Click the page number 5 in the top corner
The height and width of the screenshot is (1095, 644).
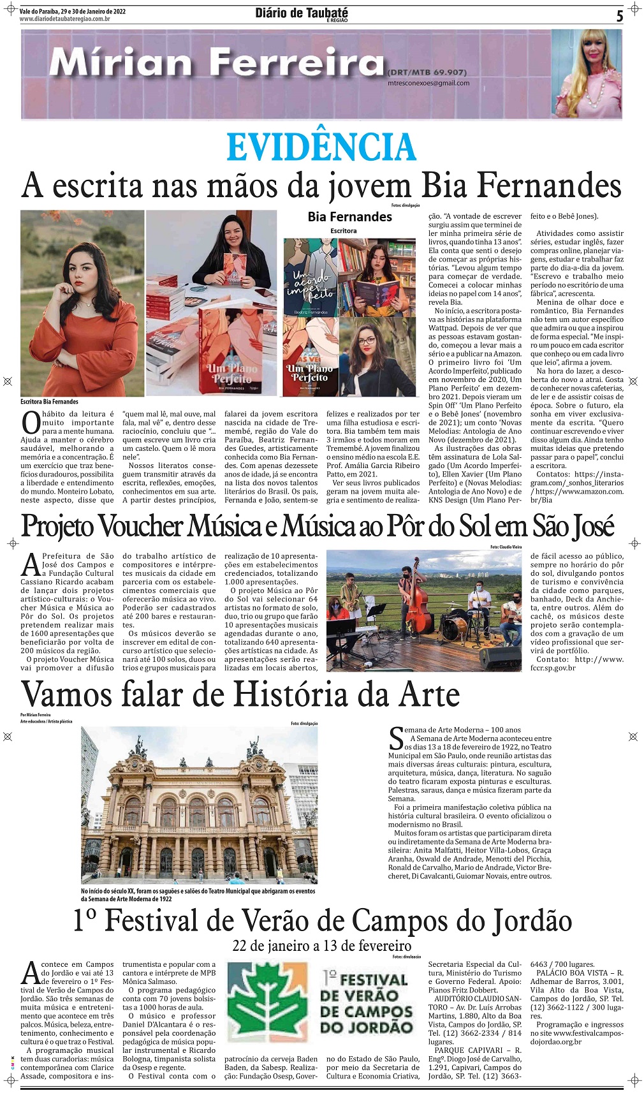click(619, 17)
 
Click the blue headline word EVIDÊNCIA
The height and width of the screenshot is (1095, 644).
click(321, 147)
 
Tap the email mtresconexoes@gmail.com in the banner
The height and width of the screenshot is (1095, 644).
click(428, 83)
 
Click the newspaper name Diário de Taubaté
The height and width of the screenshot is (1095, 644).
click(302, 13)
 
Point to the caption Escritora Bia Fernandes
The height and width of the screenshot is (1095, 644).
click(49, 402)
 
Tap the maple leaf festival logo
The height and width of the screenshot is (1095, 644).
click(268, 1001)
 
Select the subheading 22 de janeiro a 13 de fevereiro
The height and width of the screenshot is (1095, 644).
click(321, 945)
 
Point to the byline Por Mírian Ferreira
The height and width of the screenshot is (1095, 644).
click(35, 715)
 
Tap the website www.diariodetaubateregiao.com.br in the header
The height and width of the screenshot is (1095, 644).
click(65, 19)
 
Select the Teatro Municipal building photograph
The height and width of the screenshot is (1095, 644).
click(199, 805)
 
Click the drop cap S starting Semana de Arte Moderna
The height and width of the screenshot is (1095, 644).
click(395, 738)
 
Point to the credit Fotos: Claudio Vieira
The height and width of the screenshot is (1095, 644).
click(506, 547)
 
